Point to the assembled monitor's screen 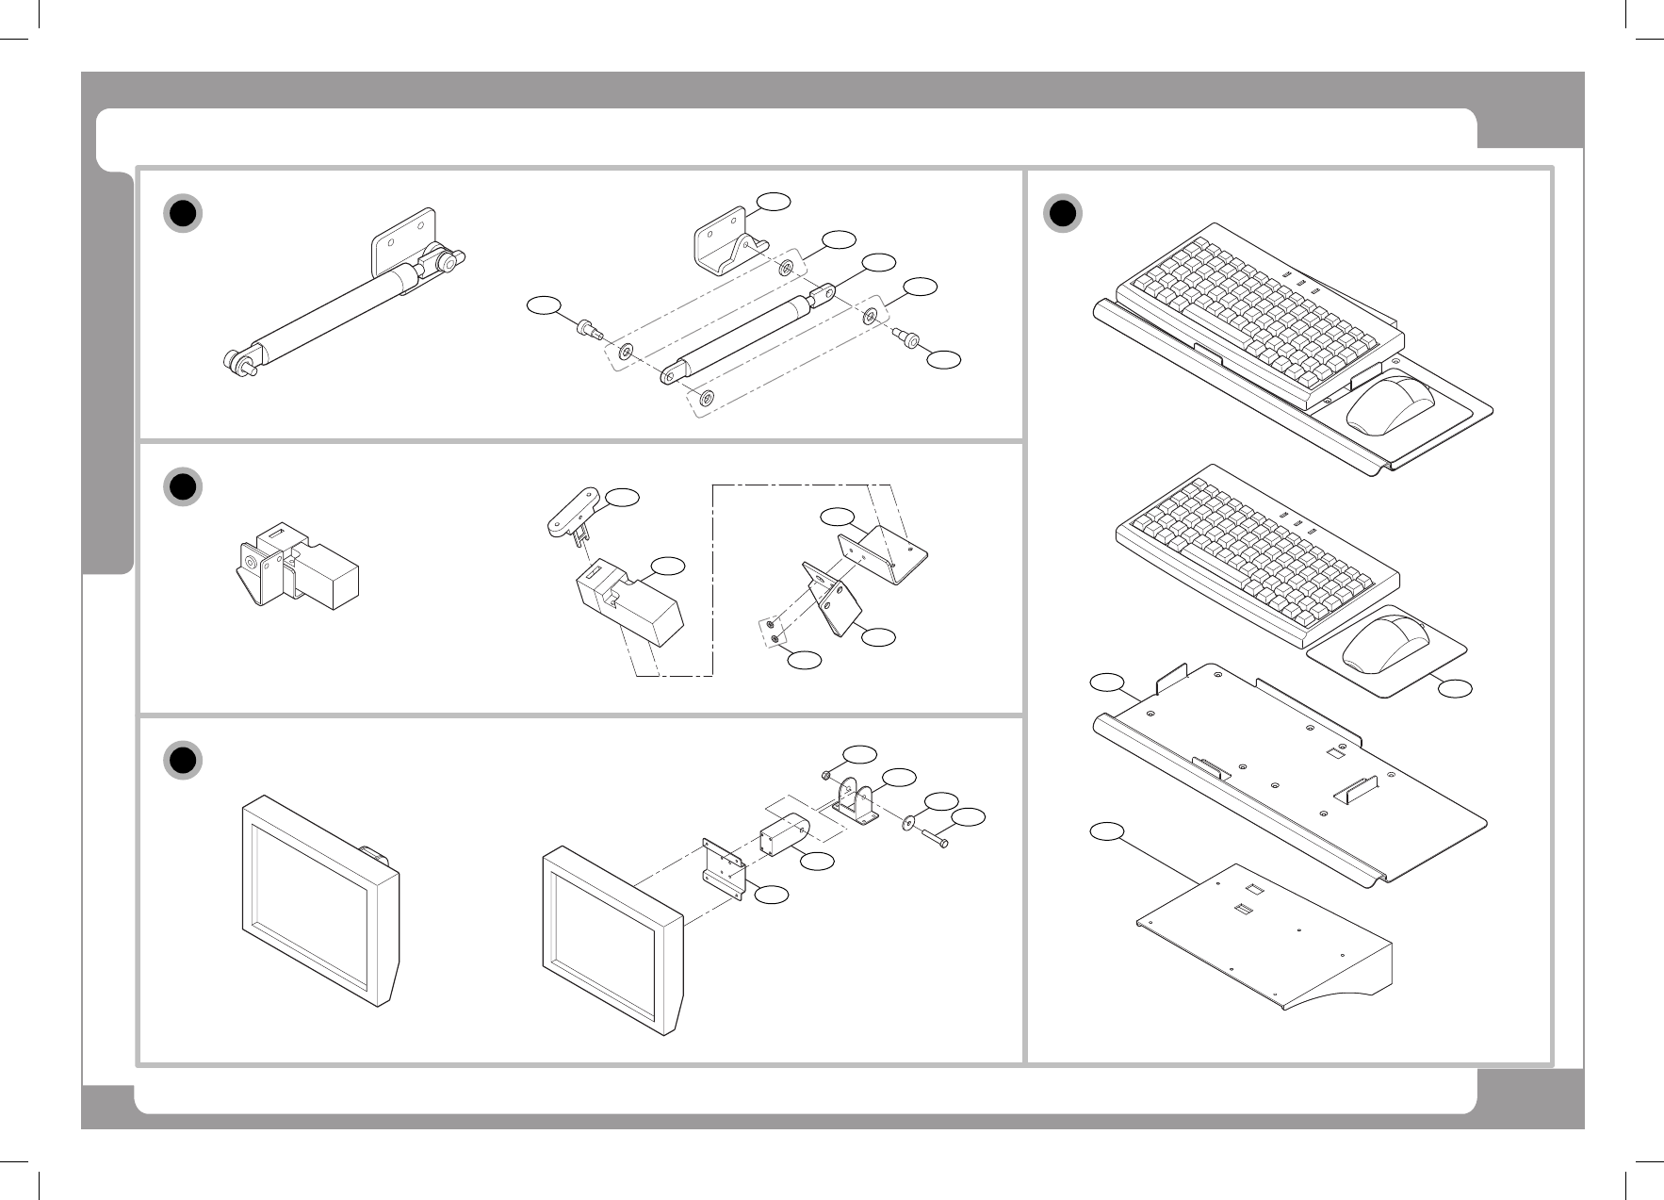tap(309, 891)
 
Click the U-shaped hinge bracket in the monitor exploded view tap(854, 801)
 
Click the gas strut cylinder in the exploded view tap(744, 335)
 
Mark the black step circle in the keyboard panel tap(1063, 214)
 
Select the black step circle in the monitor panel tap(183, 761)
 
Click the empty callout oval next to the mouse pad tap(1455, 689)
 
